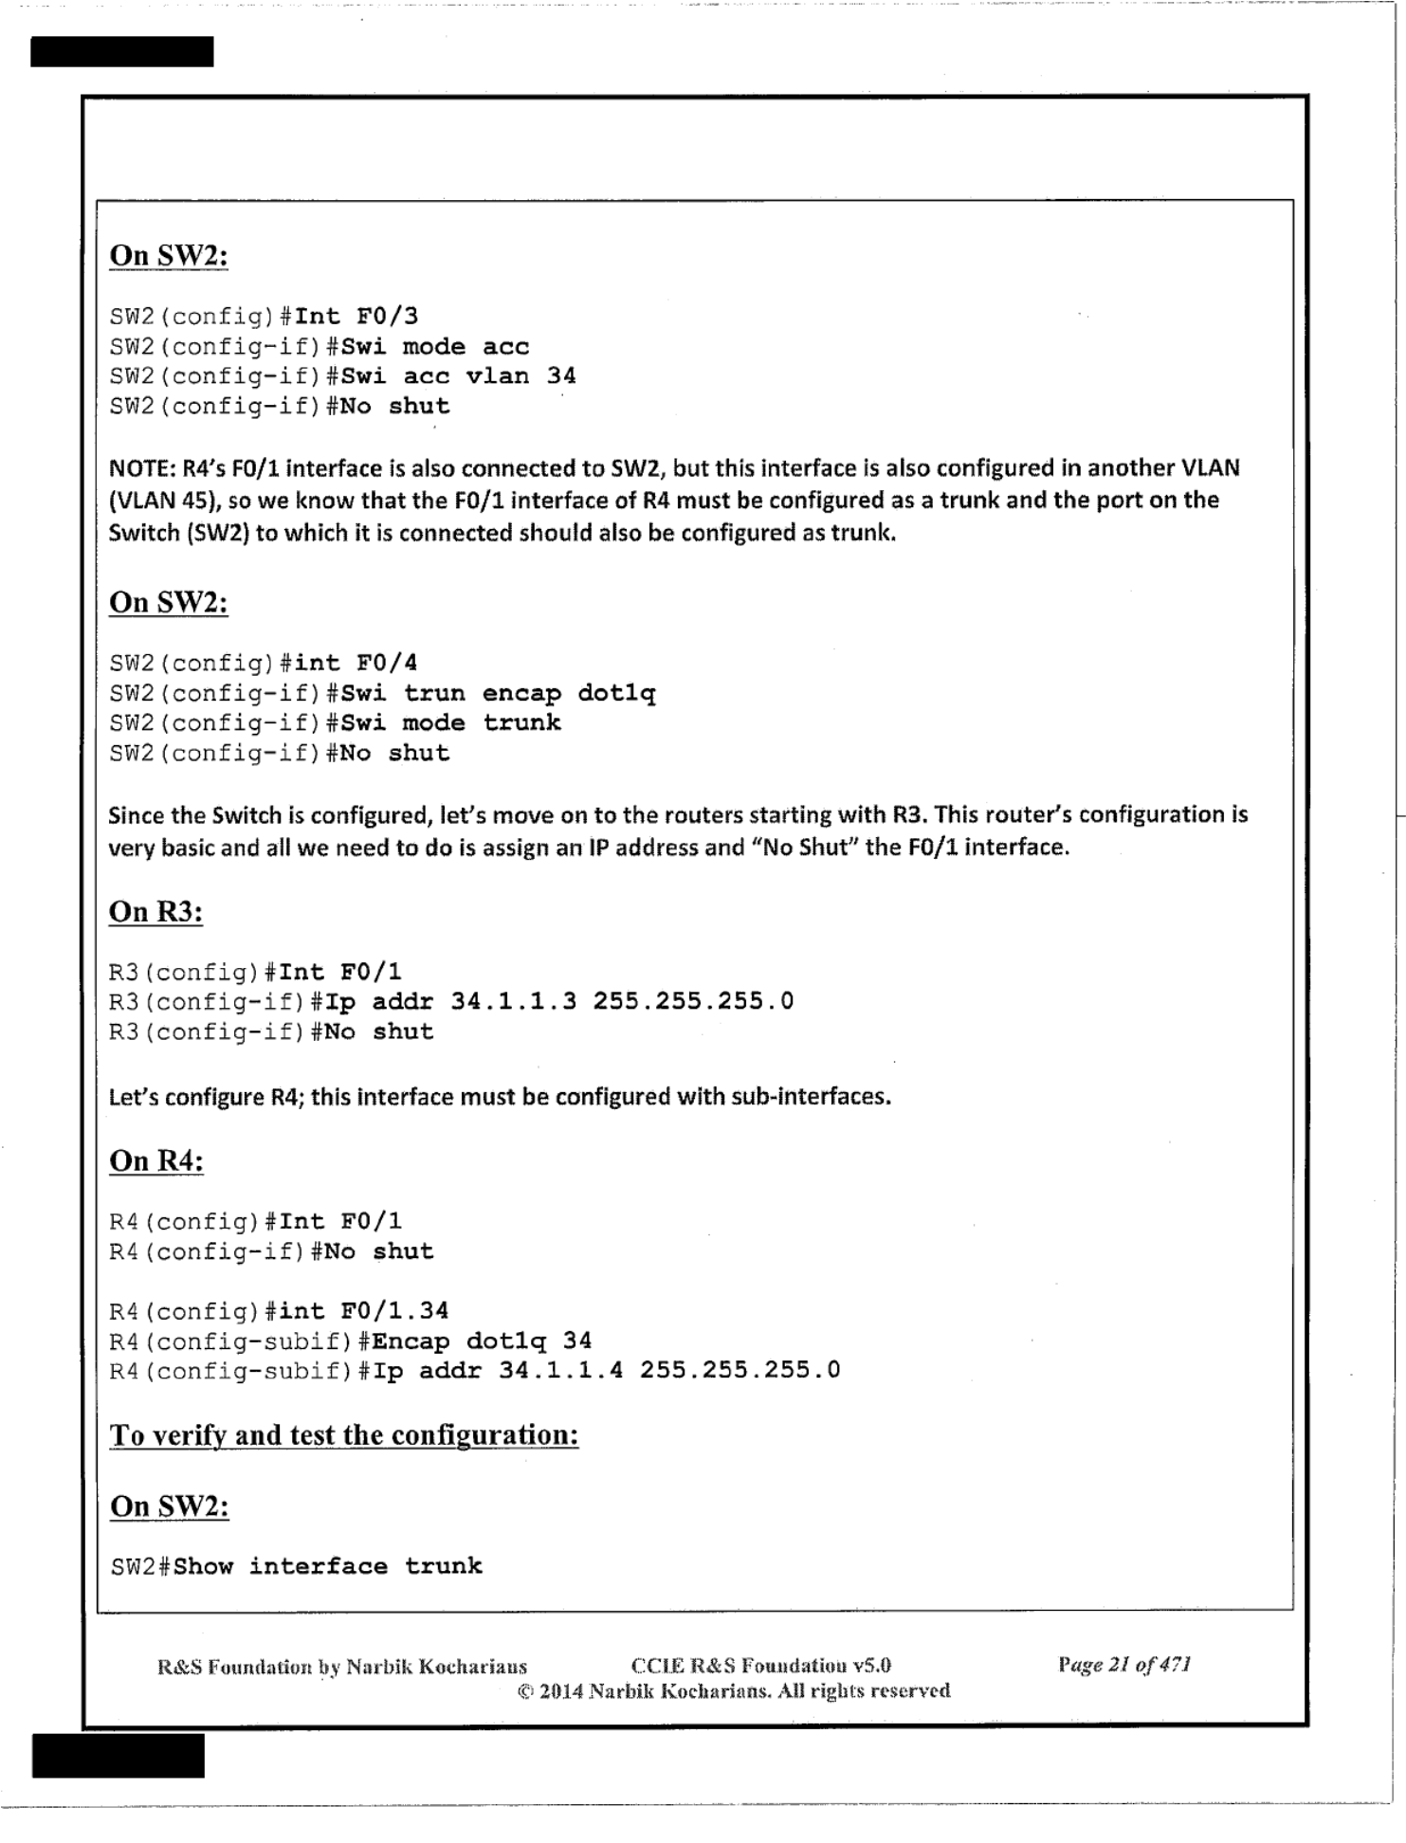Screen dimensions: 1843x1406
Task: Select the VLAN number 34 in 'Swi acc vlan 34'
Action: click(x=561, y=375)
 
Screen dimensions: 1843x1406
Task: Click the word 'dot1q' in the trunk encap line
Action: click(x=616, y=693)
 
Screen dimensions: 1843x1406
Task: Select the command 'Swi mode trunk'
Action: click(x=450, y=723)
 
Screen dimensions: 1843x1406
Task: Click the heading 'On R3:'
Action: click(x=155, y=912)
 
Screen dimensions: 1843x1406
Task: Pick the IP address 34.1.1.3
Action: click(x=513, y=1001)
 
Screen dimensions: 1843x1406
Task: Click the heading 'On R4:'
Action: click(x=156, y=1161)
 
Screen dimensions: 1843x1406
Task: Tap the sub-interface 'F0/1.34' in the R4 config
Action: click(x=394, y=1311)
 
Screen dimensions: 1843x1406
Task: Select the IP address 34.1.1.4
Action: click(x=560, y=1370)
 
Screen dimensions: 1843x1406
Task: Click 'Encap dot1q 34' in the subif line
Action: click(x=482, y=1341)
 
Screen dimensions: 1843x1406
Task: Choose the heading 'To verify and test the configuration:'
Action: click(x=344, y=1435)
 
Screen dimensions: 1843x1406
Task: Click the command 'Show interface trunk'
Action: click(x=328, y=1566)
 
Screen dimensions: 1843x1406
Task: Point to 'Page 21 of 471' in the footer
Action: click(x=1124, y=1665)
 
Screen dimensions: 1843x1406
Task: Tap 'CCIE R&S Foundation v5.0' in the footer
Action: click(x=760, y=1666)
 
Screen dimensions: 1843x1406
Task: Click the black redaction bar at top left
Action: click(x=121, y=52)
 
